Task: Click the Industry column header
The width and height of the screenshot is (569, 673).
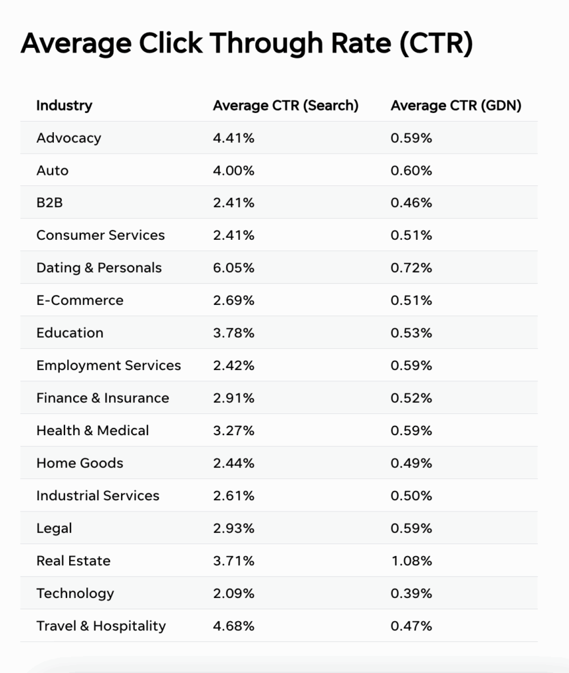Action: (64, 105)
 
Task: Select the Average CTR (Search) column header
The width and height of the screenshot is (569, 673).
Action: (285, 105)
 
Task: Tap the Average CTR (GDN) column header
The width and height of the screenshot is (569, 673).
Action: (456, 105)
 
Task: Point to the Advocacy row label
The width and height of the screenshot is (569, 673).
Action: (68, 138)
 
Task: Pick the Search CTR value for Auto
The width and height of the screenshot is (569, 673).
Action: (234, 170)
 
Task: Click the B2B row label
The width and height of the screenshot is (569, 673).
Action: (49, 203)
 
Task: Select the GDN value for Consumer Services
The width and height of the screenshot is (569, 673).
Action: (411, 235)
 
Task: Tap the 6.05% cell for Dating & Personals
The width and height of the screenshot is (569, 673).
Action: (234, 268)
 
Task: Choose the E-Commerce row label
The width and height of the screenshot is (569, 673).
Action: (80, 300)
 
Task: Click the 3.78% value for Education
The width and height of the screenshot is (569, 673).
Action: (234, 333)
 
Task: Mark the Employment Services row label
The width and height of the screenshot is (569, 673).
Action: (109, 365)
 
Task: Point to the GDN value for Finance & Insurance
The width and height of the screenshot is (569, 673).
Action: (411, 398)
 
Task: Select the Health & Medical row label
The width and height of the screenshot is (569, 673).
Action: (93, 430)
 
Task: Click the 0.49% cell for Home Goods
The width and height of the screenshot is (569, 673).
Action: (411, 463)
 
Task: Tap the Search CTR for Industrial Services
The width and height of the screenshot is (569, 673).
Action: (234, 496)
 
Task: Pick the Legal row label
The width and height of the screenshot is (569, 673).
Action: (54, 528)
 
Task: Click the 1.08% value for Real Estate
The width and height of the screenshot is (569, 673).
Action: (411, 561)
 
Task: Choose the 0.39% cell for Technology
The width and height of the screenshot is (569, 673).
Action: (411, 593)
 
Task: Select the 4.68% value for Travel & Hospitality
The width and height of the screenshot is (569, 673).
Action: (234, 626)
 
